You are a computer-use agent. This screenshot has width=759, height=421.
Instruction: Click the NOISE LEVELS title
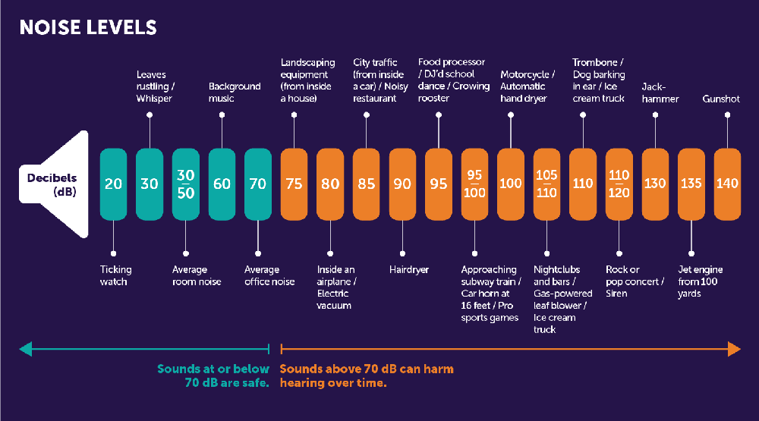tap(88, 28)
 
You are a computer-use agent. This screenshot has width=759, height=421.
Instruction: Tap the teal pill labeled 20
tap(113, 184)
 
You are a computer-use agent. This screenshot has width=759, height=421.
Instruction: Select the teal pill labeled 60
tap(222, 184)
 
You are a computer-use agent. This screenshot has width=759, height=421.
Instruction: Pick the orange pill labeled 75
tap(294, 184)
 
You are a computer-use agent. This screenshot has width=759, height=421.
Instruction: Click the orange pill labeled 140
tap(727, 184)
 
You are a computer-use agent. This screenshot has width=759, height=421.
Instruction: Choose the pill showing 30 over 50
tap(185, 184)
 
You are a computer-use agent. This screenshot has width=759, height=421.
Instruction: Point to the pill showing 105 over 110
tap(546, 184)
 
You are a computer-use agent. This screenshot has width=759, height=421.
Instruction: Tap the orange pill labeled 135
tap(691, 184)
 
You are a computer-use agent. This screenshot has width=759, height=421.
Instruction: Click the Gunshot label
tap(721, 99)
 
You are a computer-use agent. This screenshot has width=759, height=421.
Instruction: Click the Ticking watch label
tap(116, 275)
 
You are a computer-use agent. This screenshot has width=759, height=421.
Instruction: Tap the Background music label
tap(235, 93)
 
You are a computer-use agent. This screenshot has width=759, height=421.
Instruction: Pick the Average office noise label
tap(269, 275)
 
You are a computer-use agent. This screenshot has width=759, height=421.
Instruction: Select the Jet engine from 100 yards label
tap(700, 281)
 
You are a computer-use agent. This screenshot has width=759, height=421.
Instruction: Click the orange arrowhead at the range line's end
tap(734, 349)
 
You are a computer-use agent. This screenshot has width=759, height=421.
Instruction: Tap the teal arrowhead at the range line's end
tap(26, 349)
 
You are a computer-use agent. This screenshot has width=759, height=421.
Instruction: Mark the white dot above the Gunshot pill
tap(727, 115)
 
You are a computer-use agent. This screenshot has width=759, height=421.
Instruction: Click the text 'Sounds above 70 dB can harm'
tap(367, 369)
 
